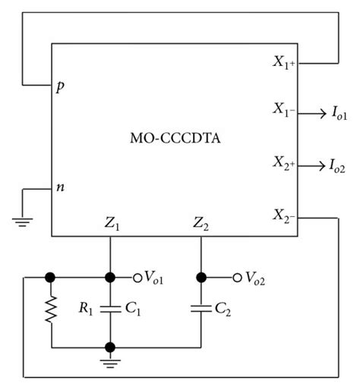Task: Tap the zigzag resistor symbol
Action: coord(52,310)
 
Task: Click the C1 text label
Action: coord(131,309)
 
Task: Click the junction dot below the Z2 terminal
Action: coord(201,276)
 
